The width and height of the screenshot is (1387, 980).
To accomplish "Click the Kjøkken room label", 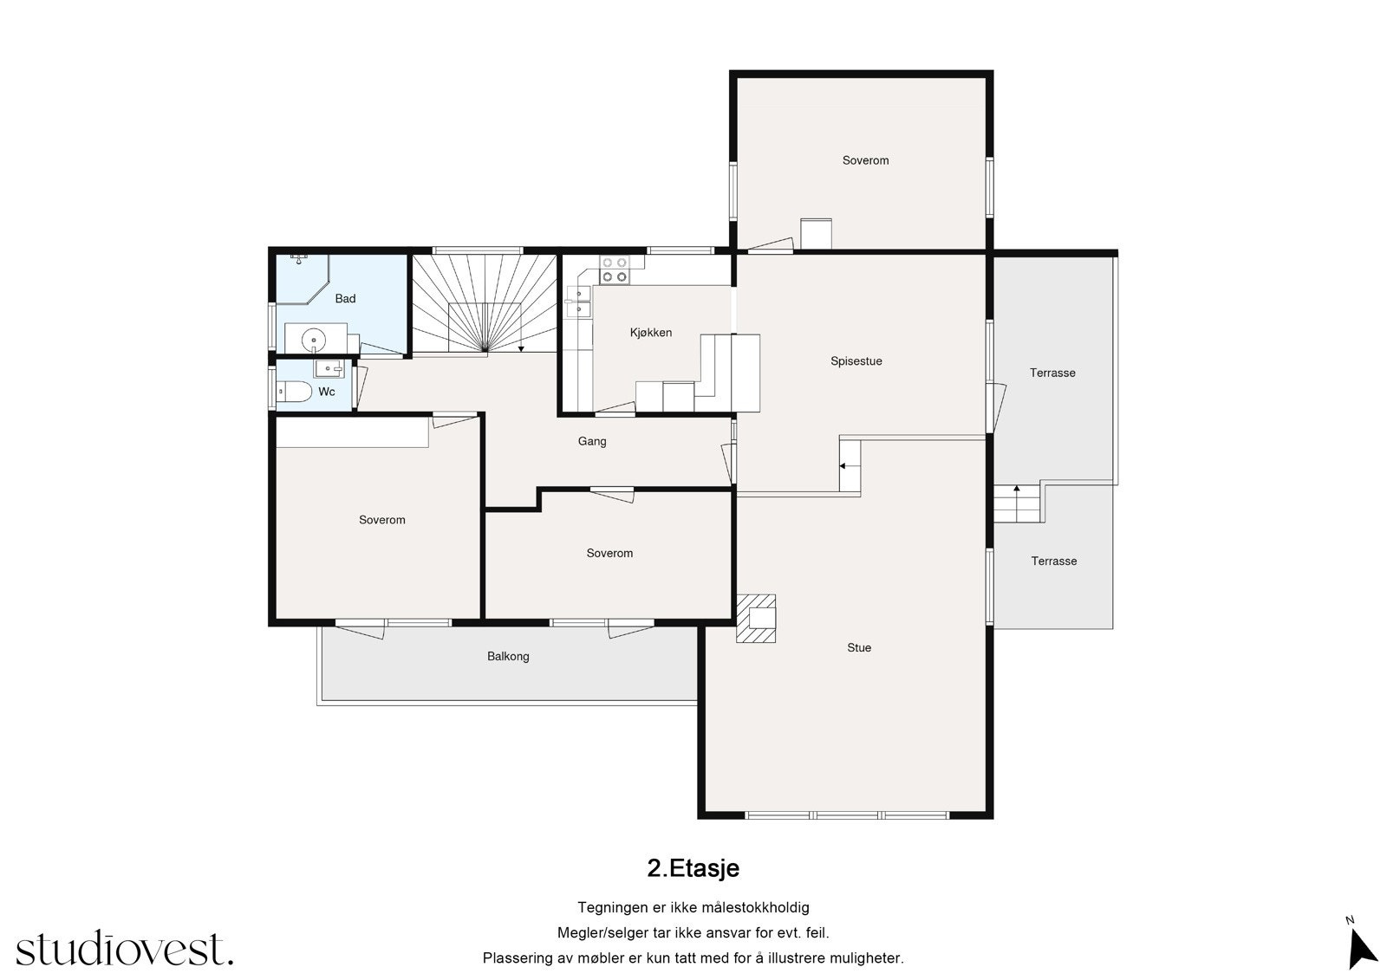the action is (651, 333).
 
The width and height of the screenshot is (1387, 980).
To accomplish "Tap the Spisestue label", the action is (856, 361).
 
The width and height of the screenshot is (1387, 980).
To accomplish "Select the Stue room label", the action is (859, 647).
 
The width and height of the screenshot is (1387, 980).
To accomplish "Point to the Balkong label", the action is (508, 656).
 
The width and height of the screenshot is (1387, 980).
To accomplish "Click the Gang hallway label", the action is (592, 441).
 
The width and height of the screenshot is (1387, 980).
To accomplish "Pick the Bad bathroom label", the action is (345, 298).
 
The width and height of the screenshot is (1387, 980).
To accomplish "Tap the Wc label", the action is (326, 392).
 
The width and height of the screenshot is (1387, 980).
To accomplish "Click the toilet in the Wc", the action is (294, 392).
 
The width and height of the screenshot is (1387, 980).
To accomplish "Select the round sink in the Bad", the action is (314, 340).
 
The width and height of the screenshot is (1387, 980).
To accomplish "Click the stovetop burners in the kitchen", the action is (615, 270).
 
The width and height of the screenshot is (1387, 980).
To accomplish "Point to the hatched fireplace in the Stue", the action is (755, 619).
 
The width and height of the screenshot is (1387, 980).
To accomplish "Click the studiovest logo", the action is (125, 948).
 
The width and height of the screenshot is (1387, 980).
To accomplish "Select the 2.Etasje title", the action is (693, 868).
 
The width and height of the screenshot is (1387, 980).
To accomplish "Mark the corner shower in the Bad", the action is (303, 279).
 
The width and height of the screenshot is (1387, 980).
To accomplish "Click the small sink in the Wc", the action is (329, 368).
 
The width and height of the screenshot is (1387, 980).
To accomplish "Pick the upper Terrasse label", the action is (1052, 373).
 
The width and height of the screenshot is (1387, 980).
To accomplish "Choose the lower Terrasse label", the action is (1054, 561).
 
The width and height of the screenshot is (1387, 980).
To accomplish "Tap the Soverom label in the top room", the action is (866, 160).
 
